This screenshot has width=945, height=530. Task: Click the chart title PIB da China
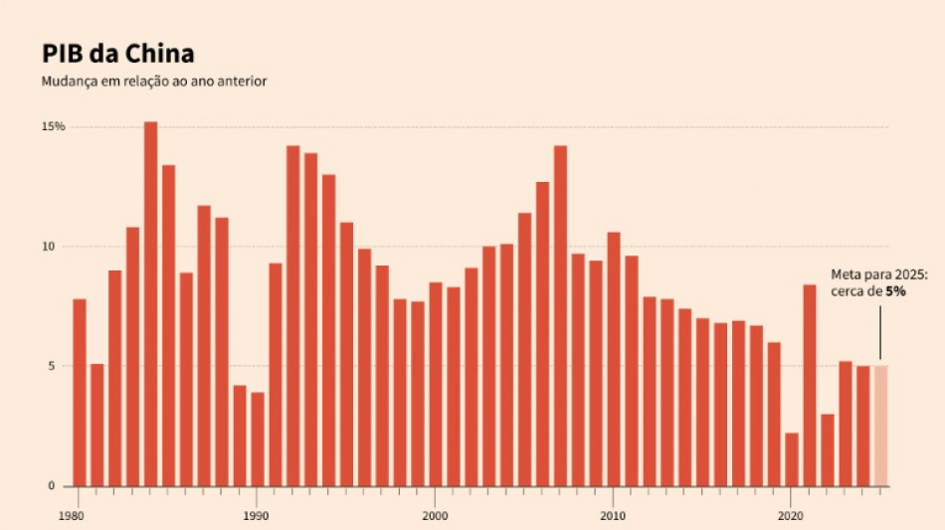click(117, 53)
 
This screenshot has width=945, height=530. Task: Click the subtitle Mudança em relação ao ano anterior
click(153, 81)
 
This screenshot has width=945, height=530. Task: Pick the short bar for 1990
click(258, 439)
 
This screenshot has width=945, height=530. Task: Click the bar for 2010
click(614, 359)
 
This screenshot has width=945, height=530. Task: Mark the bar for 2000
click(436, 384)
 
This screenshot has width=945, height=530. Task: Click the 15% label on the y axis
click(53, 127)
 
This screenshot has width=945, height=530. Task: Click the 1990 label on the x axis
click(257, 516)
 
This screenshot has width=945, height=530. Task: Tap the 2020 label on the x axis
click(791, 516)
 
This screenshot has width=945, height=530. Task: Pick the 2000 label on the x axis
click(435, 516)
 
